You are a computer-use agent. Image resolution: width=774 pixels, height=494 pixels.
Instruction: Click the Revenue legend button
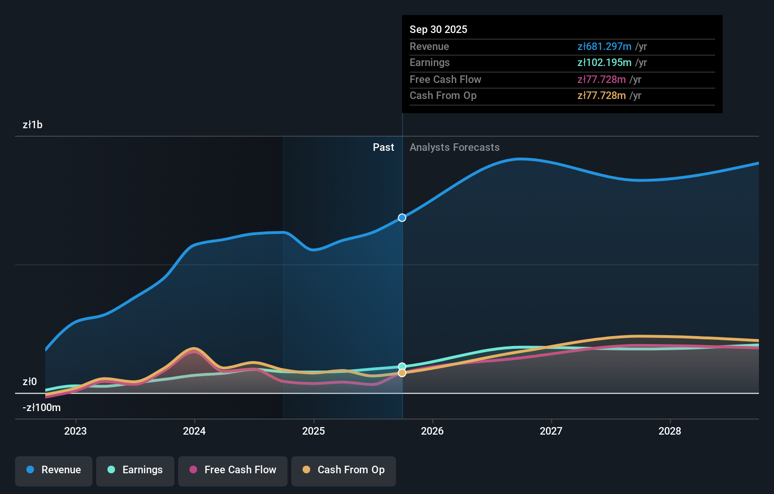(x=54, y=470)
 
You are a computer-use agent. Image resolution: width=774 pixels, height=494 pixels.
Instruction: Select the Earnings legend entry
(x=135, y=470)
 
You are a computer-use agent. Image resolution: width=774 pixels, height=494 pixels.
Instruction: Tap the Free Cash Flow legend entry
(x=233, y=470)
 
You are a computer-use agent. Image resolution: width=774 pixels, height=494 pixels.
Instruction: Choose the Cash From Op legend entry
(x=344, y=470)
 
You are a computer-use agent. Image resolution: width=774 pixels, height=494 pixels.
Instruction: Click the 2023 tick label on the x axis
(x=75, y=431)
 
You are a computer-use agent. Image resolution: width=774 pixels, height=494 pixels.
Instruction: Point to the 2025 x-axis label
(x=313, y=431)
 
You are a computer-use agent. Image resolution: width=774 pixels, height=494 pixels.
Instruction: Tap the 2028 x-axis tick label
(x=670, y=431)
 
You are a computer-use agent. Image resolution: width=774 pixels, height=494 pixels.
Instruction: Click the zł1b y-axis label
(x=33, y=125)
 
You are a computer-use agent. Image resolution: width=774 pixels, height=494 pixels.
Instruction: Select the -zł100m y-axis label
(x=41, y=408)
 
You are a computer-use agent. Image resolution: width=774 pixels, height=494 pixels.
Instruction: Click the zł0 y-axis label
(x=30, y=382)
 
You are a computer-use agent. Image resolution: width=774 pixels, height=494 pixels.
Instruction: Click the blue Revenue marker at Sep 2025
(x=402, y=218)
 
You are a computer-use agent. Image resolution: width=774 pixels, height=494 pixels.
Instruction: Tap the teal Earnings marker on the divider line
(x=402, y=366)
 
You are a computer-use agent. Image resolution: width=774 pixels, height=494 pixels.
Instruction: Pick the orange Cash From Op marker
(x=402, y=373)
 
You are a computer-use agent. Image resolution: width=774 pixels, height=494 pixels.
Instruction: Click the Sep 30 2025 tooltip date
(x=438, y=29)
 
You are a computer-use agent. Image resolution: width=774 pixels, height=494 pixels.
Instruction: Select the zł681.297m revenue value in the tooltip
(x=604, y=46)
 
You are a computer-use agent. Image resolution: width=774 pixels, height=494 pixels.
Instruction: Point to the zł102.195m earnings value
(x=604, y=62)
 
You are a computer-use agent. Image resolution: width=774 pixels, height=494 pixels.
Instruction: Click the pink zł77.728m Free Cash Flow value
(x=601, y=79)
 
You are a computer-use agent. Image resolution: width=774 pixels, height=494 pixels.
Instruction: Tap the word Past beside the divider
(x=383, y=148)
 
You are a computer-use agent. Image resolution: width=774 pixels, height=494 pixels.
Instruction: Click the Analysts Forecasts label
(x=454, y=148)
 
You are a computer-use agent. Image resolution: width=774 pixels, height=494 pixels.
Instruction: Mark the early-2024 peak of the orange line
(x=194, y=349)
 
